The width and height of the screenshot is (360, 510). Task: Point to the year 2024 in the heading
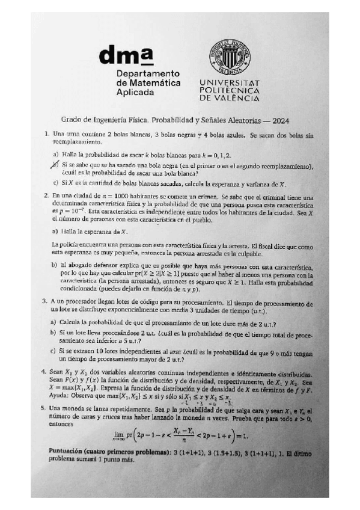click(278, 120)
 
